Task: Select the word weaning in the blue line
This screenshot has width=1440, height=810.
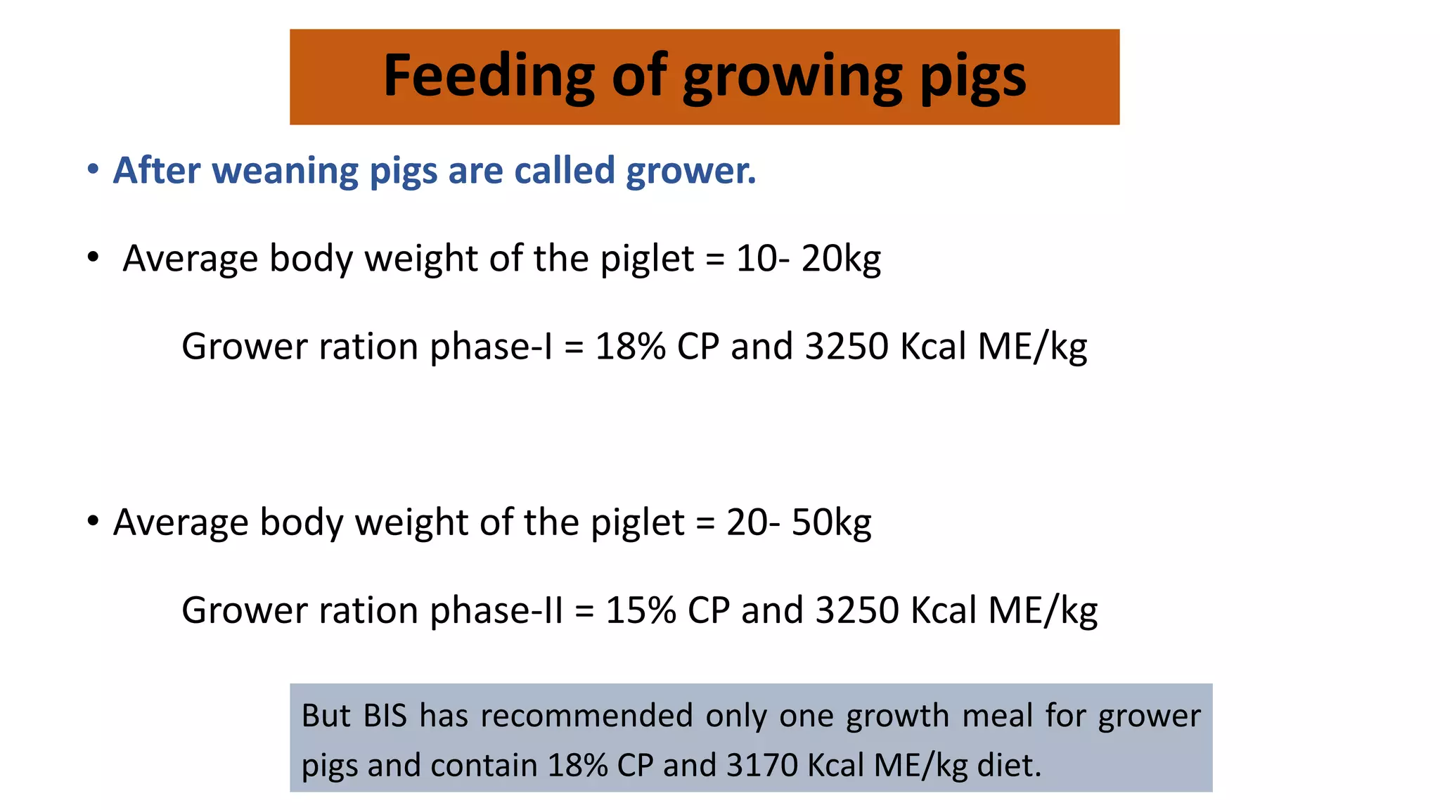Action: click(x=285, y=171)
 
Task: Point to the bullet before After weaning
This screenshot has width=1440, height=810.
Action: click(x=93, y=169)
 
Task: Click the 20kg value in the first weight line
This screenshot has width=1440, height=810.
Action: click(x=841, y=259)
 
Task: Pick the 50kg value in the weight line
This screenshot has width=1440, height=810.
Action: click(x=831, y=522)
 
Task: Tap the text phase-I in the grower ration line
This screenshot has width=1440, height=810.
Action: click(x=491, y=347)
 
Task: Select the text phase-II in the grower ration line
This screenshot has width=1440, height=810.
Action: click(x=496, y=610)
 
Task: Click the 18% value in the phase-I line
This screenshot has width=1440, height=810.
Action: click(x=630, y=347)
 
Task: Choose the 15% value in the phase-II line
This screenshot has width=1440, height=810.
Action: click(x=641, y=610)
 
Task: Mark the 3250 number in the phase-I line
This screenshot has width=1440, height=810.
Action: click(x=847, y=347)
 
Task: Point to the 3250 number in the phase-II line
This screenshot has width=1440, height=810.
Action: click(x=857, y=610)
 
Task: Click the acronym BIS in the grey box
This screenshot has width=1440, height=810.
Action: click(x=385, y=716)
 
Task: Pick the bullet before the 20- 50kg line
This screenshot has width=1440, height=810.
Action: click(x=93, y=522)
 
